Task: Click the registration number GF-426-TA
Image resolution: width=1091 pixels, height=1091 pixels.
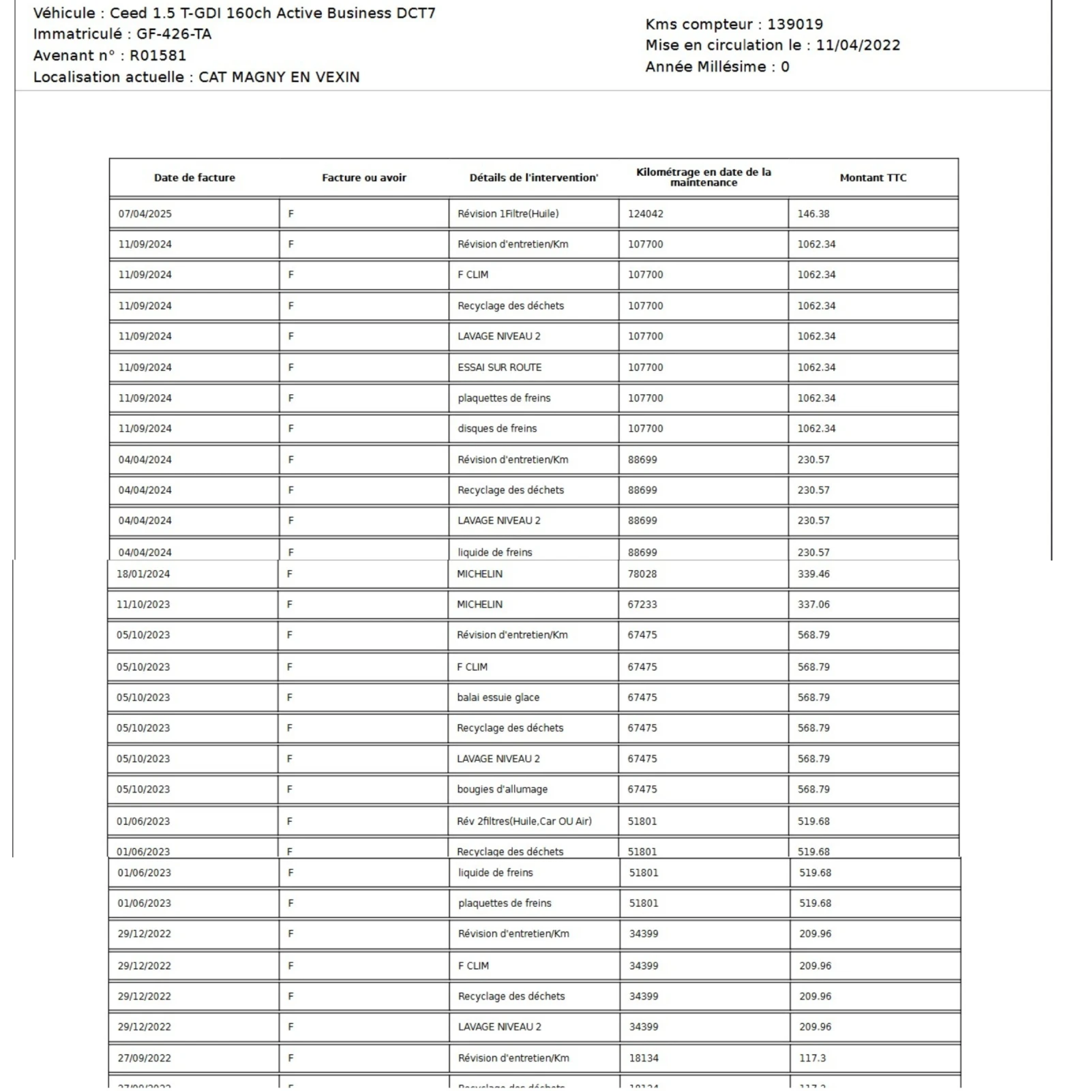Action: [x=174, y=34]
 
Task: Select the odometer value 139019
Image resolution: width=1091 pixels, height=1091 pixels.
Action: [x=794, y=25]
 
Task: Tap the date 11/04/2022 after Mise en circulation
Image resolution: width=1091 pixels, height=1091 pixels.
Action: [x=858, y=46]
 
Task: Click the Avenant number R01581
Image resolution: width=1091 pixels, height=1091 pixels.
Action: [x=158, y=56]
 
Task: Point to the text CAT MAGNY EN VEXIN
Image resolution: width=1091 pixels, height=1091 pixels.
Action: [x=279, y=77]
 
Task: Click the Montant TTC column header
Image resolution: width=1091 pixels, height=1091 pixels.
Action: [x=873, y=178]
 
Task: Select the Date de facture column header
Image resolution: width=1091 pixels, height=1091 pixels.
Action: [x=194, y=178]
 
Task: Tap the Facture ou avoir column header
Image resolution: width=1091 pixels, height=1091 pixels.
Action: [x=363, y=178]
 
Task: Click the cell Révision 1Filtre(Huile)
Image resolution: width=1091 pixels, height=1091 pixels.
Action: [x=508, y=214]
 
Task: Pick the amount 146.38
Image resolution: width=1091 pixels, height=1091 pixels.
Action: [x=813, y=214]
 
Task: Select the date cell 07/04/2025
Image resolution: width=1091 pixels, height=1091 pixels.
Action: [x=145, y=214]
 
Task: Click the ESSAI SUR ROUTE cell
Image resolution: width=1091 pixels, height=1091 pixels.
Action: [x=499, y=368]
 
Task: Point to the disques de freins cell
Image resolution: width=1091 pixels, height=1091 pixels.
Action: [x=497, y=429]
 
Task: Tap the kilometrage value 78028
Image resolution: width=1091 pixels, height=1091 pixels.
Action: [x=642, y=574]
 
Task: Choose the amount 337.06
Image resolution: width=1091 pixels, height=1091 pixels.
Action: [x=813, y=605]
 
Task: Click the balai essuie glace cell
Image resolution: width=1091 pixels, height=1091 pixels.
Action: [x=498, y=698]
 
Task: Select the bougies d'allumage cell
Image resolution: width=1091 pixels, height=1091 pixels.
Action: [x=502, y=790]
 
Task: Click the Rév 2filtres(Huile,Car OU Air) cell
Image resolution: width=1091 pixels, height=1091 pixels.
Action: [x=524, y=822]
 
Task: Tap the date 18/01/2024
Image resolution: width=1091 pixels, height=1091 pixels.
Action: [x=143, y=574]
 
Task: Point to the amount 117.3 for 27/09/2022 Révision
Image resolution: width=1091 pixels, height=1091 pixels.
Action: [x=812, y=1058]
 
